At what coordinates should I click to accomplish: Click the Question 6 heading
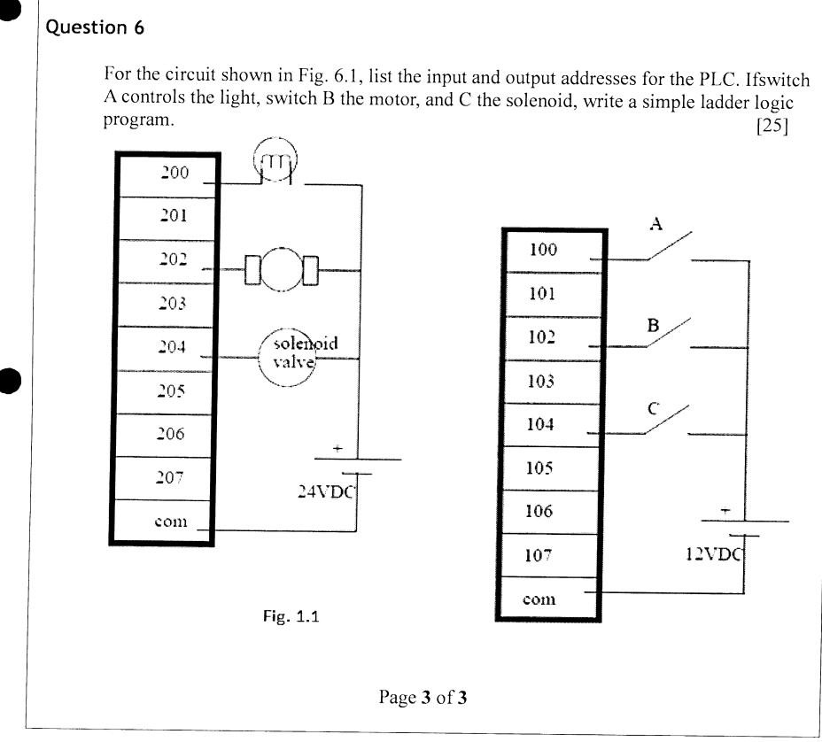pyautogui.click(x=94, y=27)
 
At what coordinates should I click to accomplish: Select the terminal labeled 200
pyautogui.click(x=174, y=173)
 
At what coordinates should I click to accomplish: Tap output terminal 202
pyautogui.click(x=174, y=259)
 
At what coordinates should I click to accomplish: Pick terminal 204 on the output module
pyautogui.click(x=174, y=346)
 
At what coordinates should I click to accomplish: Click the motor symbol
pyautogui.click(x=283, y=269)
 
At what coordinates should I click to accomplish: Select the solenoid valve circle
pyautogui.click(x=287, y=357)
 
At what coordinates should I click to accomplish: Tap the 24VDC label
pyautogui.click(x=325, y=492)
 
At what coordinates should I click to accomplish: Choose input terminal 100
pyautogui.click(x=543, y=250)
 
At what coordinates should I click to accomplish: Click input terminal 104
pyautogui.click(x=540, y=424)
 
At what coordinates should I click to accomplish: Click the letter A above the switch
pyautogui.click(x=656, y=224)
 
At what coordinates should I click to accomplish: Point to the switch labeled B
pyautogui.click(x=667, y=336)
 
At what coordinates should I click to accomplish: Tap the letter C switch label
pyautogui.click(x=653, y=408)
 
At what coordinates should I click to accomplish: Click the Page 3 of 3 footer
pyautogui.click(x=423, y=698)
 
